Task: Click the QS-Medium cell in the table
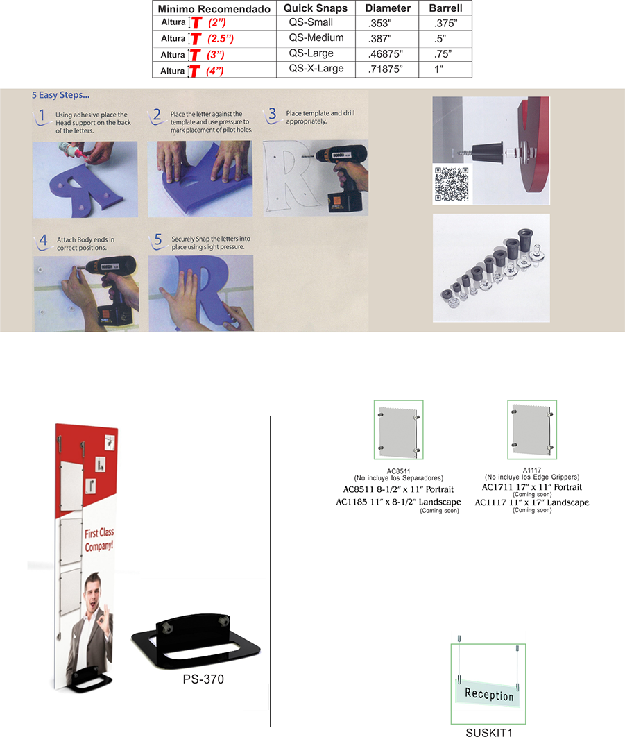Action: [x=316, y=38]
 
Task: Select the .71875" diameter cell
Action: [x=386, y=69]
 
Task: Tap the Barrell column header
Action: [x=445, y=8]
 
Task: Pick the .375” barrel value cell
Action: [x=445, y=23]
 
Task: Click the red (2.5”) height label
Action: [x=221, y=39]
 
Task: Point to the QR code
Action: [x=451, y=185]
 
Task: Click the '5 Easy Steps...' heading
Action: [x=60, y=95]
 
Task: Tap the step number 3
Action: [x=272, y=114]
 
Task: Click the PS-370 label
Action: [x=203, y=679]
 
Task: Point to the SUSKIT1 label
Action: [x=489, y=732]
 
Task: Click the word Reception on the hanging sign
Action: [x=489, y=694]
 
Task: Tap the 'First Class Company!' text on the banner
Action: [x=99, y=540]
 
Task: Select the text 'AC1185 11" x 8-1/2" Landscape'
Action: [x=398, y=502]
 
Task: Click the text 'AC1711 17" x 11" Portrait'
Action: [x=532, y=487]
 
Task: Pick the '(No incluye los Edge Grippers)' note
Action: [x=532, y=477]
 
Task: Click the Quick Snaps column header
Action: [x=316, y=8]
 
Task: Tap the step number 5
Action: [x=158, y=239]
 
